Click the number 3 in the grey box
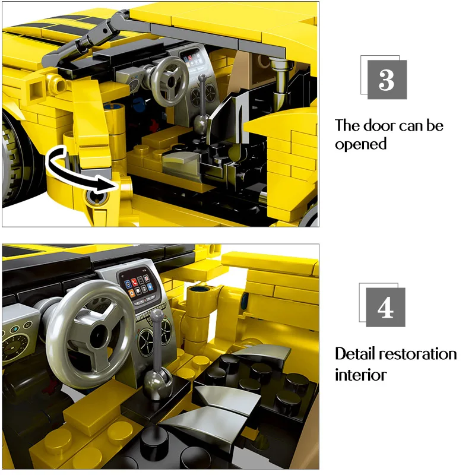click(x=387, y=80)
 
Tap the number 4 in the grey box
click(x=385, y=307)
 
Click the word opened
click(x=360, y=144)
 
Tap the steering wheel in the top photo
click(x=167, y=78)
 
